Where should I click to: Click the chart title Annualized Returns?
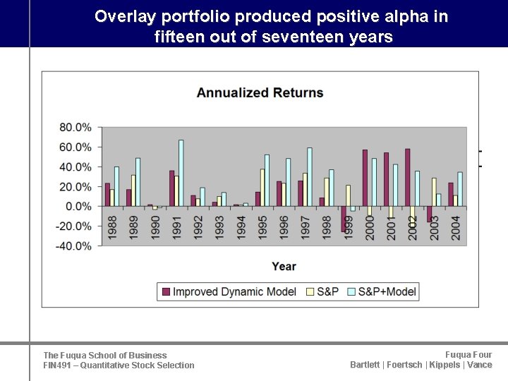coord(260,92)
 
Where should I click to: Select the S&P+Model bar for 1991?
coord(181,173)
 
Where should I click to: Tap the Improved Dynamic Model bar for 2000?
coord(365,178)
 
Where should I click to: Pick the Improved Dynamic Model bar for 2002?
coord(408,178)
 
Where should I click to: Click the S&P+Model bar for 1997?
coord(310,177)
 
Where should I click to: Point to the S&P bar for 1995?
coord(262,188)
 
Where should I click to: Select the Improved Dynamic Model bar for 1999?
coord(344,219)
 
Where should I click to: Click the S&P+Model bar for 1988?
coord(116,186)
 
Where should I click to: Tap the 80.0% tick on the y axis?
coord(75,127)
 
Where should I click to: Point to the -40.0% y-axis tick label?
coord(73,246)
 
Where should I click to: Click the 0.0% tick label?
coord(78,206)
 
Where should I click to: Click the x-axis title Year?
coord(284,266)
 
